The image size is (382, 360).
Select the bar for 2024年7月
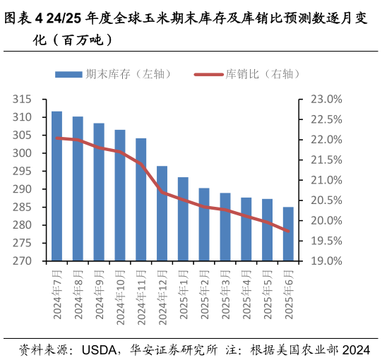[56, 186]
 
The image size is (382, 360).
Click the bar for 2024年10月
[120, 196]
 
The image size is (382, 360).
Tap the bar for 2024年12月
[162, 213]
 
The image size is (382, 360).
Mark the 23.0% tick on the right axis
[326, 100]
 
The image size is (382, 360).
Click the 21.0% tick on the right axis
[326, 181]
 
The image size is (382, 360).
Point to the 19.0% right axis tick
[326, 261]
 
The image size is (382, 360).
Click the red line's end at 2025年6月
[288, 231]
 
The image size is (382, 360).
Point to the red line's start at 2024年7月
[56, 138]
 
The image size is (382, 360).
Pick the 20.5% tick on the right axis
[326, 200]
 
